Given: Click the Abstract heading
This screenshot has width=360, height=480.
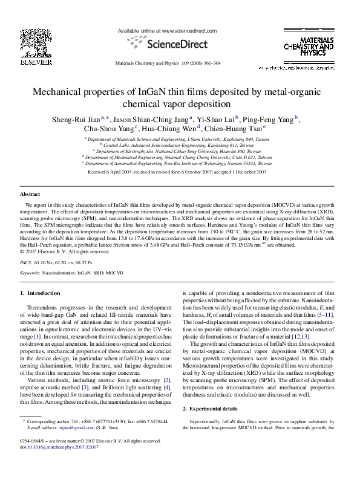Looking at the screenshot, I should tap(30, 194).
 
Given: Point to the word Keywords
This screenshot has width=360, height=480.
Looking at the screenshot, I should tap(30, 273).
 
